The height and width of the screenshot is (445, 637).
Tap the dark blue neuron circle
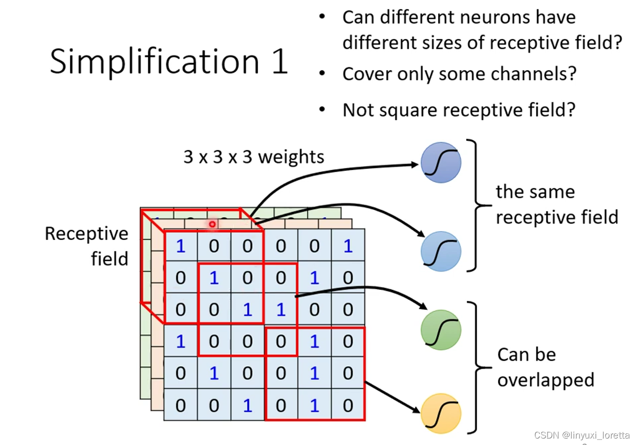441,163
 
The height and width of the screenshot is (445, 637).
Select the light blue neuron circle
441,251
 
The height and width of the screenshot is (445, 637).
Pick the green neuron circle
441,330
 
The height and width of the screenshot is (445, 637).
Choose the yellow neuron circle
441,414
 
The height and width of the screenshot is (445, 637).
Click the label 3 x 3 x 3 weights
254,157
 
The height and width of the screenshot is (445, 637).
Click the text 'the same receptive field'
556,205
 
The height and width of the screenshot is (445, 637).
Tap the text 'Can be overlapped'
545,367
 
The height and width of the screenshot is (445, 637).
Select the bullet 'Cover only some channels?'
459,74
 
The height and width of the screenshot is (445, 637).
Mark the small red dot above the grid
212,224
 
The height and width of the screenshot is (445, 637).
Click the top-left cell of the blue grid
181,246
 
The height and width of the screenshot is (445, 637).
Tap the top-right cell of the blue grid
348,246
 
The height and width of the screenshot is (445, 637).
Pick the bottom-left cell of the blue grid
181,405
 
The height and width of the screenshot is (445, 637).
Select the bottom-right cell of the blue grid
348,405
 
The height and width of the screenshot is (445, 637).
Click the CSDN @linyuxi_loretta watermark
582,436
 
